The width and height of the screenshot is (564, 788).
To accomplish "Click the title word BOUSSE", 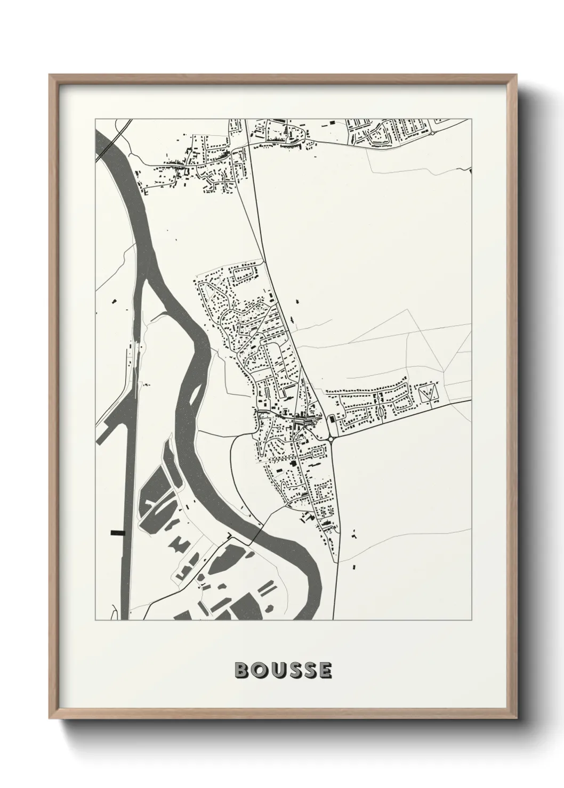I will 283,670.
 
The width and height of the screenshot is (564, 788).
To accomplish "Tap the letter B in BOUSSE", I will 241,670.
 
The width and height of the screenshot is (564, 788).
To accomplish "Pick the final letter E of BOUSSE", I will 324,670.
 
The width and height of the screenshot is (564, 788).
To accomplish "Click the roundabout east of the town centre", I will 332,439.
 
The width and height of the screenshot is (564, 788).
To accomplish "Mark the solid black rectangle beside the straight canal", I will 117,532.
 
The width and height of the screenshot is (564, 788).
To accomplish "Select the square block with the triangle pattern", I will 428,395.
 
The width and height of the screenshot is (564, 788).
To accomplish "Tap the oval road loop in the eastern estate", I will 383,411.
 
